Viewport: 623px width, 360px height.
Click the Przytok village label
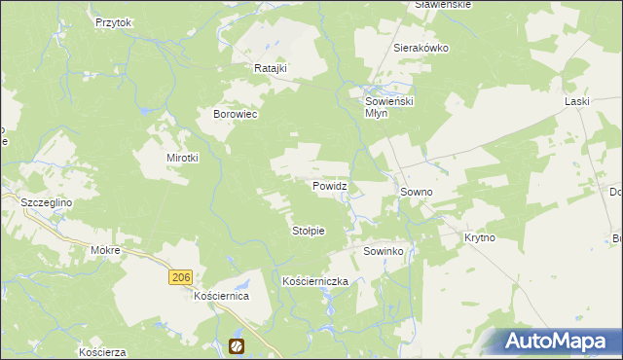click(x=113, y=21)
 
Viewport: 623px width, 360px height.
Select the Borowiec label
click(x=235, y=114)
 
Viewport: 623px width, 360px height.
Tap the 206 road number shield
click(x=179, y=278)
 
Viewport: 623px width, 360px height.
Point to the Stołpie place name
click(x=308, y=231)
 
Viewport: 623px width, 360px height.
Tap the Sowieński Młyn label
click(x=389, y=106)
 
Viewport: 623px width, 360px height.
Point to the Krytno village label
click(x=480, y=237)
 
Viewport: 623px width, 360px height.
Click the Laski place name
click(x=578, y=100)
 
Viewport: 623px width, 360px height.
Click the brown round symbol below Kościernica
click(x=236, y=345)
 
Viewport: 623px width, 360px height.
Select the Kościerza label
click(x=104, y=351)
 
